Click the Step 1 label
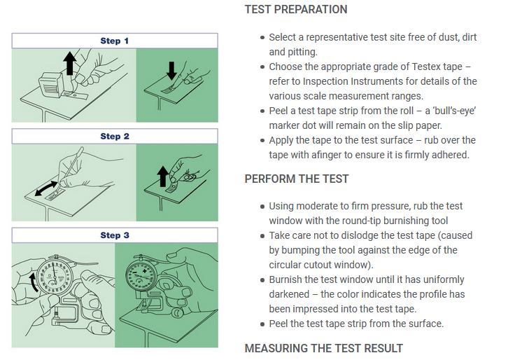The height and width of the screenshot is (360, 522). [114, 41]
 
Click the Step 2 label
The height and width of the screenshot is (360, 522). [114, 137]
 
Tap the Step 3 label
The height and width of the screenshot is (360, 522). [114, 235]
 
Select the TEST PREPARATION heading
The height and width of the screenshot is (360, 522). [295, 10]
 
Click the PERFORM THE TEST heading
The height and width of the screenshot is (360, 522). [296, 179]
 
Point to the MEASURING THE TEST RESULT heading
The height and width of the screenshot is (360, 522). [323, 348]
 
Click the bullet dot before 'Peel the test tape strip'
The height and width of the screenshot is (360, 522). [262, 324]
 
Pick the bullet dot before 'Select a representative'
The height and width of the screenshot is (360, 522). [262, 37]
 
